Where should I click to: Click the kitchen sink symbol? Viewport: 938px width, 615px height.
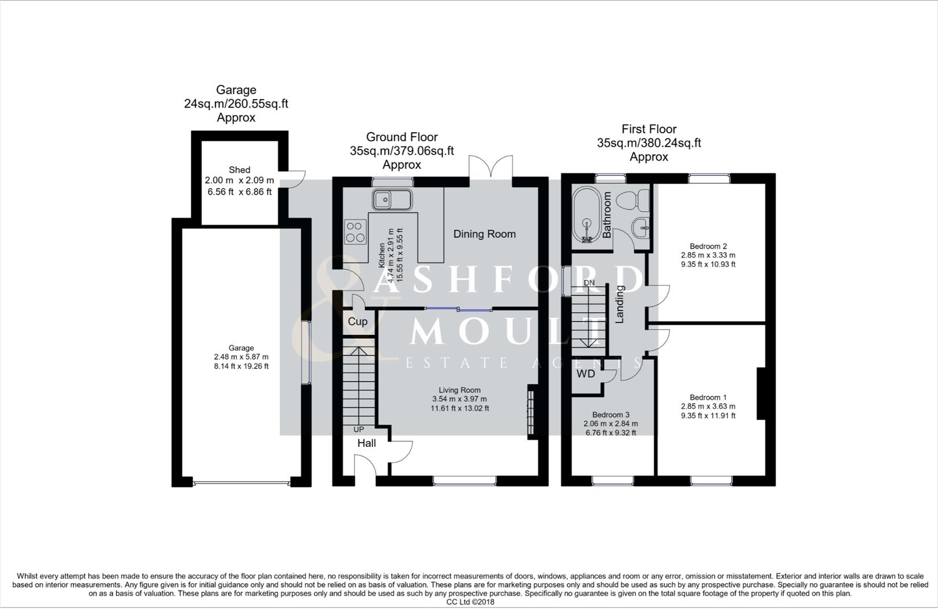coord(392,200)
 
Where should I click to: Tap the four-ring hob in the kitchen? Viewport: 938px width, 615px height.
coord(355,232)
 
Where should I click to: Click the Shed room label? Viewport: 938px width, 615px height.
coord(239,170)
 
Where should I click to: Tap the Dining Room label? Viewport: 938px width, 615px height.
coord(484,234)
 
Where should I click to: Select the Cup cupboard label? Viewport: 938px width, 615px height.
coord(357,321)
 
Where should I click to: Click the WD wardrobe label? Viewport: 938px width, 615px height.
coord(585,374)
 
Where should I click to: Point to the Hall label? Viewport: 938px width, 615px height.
coord(366,443)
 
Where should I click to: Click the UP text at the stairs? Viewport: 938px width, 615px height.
coord(359,429)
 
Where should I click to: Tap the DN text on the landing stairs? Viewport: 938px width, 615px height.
coord(589,283)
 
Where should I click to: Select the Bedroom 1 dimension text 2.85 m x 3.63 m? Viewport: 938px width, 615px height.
coord(708,407)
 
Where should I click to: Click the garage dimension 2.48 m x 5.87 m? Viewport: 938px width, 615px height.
coord(241,357)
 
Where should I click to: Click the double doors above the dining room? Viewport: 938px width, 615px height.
coord(491,167)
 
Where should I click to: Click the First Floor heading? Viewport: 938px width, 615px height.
coord(648,129)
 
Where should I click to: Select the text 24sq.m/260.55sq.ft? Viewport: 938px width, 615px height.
coord(236,104)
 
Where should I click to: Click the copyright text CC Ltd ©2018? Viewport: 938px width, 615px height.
coord(470,602)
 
